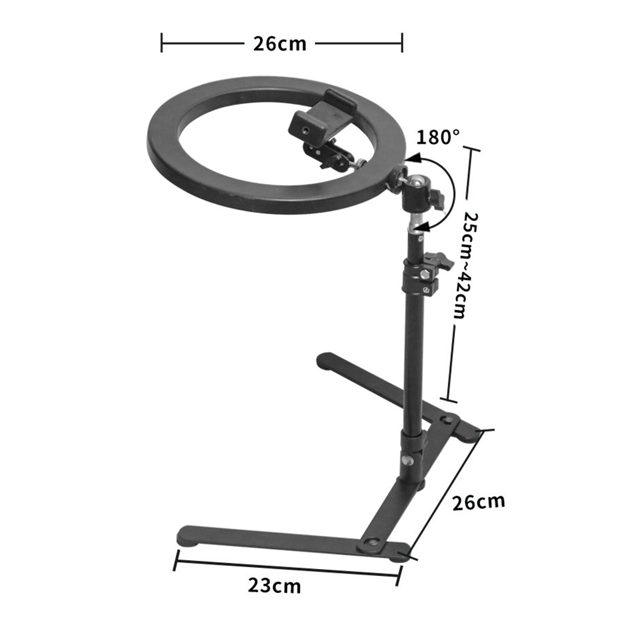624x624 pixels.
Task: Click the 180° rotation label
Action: pos(438,137)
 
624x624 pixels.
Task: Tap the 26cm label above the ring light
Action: pos(280,44)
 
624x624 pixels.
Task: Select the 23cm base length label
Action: pos(275,586)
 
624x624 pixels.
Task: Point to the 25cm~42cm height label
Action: pos(465,265)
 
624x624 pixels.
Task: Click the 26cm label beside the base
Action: pos(479,502)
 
